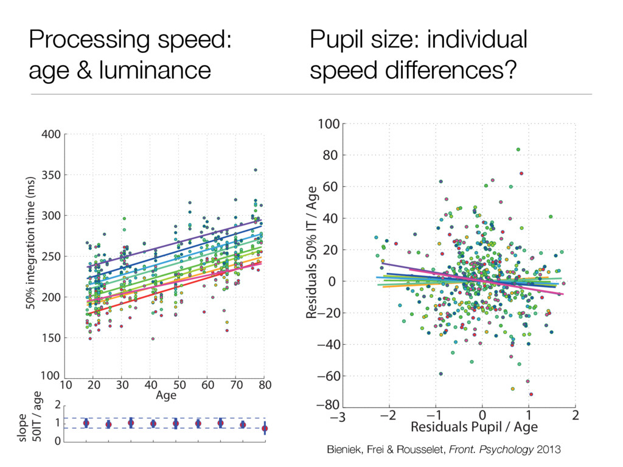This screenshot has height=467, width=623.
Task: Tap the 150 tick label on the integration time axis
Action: (52, 338)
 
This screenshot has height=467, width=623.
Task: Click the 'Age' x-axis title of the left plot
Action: (166, 396)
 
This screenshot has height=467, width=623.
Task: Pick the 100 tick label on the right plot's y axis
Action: (329, 124)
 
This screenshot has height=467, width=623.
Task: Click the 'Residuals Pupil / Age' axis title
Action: (474, 427)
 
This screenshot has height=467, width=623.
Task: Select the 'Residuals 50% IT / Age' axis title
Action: (313, 252)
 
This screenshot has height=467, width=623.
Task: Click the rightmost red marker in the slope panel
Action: (265, 429)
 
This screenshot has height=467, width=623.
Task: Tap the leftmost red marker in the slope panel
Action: (86, 423)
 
